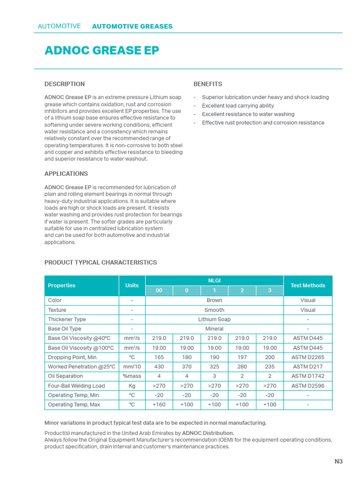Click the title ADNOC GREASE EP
pyautogui.click(x=102, y=51)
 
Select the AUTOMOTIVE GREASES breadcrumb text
pyautogui.click(x=132, y=26)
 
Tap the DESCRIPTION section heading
pyautogui.click(x=65, y=84)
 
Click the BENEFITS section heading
pyautogui.click(x=208, y=84)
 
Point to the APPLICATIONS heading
pyautogui.click(x=66, y=173)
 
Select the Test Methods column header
pyautogui.click(x=307, y=285)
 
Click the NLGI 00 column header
pyautogui.click(x=159, y=291)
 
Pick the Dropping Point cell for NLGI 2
pyautogui.click(x=242, y=357)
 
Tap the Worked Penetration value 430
pyautogui.click(x=159, y=367)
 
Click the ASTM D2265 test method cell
pyautogui.click(x=307, y=357)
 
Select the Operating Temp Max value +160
pyautogui.click(x=159, y=405)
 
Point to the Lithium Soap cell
pyautogui.click(x=214, y=319)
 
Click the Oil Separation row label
pyautogui.click(x=66, y=376)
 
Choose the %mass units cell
pyautogui.click(x=132, y=376)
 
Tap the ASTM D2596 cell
pyautogui.click(x=307, y=386)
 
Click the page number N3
pyautogui.click(x=338, y=461)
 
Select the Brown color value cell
pyautogui.click(x=214, y=300)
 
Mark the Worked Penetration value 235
pyautogui.click(x=270, y=367)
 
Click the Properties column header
pyautogui.click(x=61, y=285)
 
